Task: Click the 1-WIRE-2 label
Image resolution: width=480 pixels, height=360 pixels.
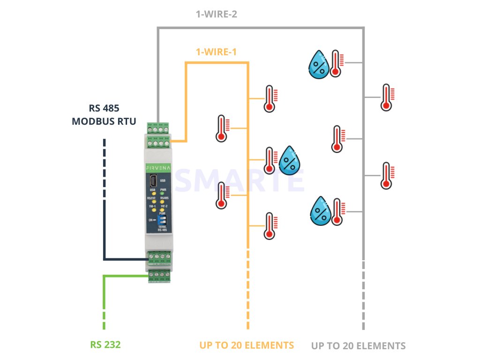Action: [x=216, y=14]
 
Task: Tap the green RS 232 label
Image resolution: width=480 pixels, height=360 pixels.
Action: [x=105, y=345]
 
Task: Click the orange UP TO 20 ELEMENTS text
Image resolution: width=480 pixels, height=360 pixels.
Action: [x=247, y=345]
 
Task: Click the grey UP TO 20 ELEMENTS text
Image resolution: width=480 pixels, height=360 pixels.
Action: [x=358, y=346]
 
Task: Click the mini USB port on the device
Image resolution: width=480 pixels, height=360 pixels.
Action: [x=153, y=180]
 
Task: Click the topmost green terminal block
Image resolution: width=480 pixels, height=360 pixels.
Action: [x=157, y=127]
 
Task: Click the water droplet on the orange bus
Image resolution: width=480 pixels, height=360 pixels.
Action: [x=291, y=160]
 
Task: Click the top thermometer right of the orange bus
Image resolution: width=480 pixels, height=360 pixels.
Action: [x=269, y=98]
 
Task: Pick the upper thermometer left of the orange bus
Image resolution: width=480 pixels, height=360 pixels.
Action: [x=221, y=128]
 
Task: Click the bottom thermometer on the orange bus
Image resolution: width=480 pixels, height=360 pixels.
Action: [x=269, y=226]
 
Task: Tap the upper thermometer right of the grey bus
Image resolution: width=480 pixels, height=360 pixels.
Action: [x=386, y=97]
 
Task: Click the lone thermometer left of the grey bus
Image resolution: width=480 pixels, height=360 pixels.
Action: [x=337, y=139]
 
